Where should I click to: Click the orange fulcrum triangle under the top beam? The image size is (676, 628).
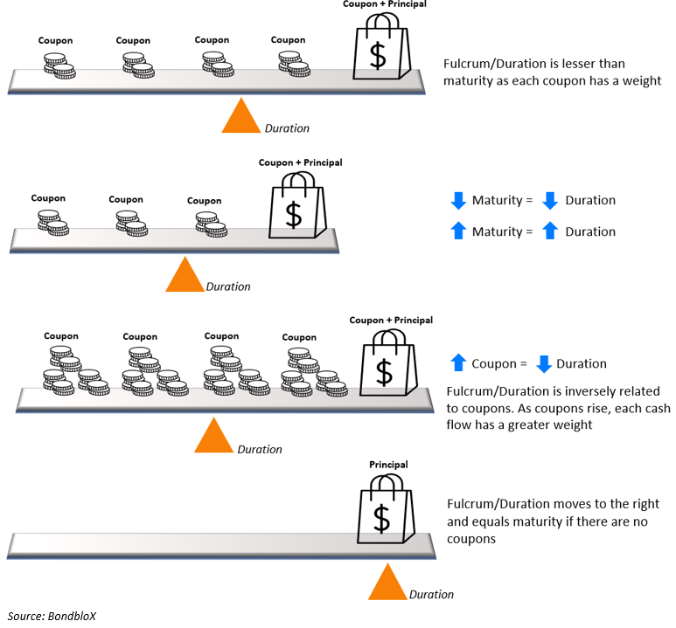point(241,119)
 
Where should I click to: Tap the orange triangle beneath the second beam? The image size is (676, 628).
point(185,277)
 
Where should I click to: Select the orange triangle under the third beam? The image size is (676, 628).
point(211,438)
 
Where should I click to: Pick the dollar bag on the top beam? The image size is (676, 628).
point(378,52)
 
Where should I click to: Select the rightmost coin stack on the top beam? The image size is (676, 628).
point(293,66)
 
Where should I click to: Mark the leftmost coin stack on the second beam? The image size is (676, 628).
point(52,223)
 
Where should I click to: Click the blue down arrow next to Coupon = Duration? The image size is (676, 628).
point(543,363)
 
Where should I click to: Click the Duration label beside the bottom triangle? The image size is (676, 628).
point(431,594)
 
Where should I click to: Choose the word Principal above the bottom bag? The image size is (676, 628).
point(388,465)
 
